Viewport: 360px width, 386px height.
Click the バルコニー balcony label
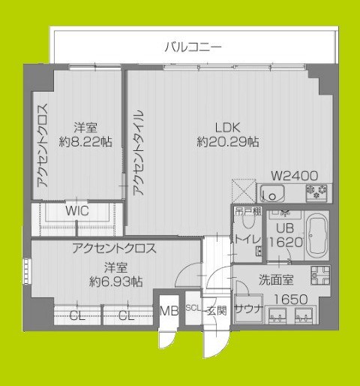pos(193,47)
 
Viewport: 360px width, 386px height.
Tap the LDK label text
pos(228,126)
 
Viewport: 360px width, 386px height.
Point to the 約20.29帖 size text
pos(228,140)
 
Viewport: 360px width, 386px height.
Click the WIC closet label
pos(76,211)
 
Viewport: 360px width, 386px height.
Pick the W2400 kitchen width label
pos(294,176)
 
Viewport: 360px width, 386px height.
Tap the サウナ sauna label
pos(247,309)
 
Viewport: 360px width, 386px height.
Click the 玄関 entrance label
pos(217,309)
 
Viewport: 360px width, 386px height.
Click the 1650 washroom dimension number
pos(288,299)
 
